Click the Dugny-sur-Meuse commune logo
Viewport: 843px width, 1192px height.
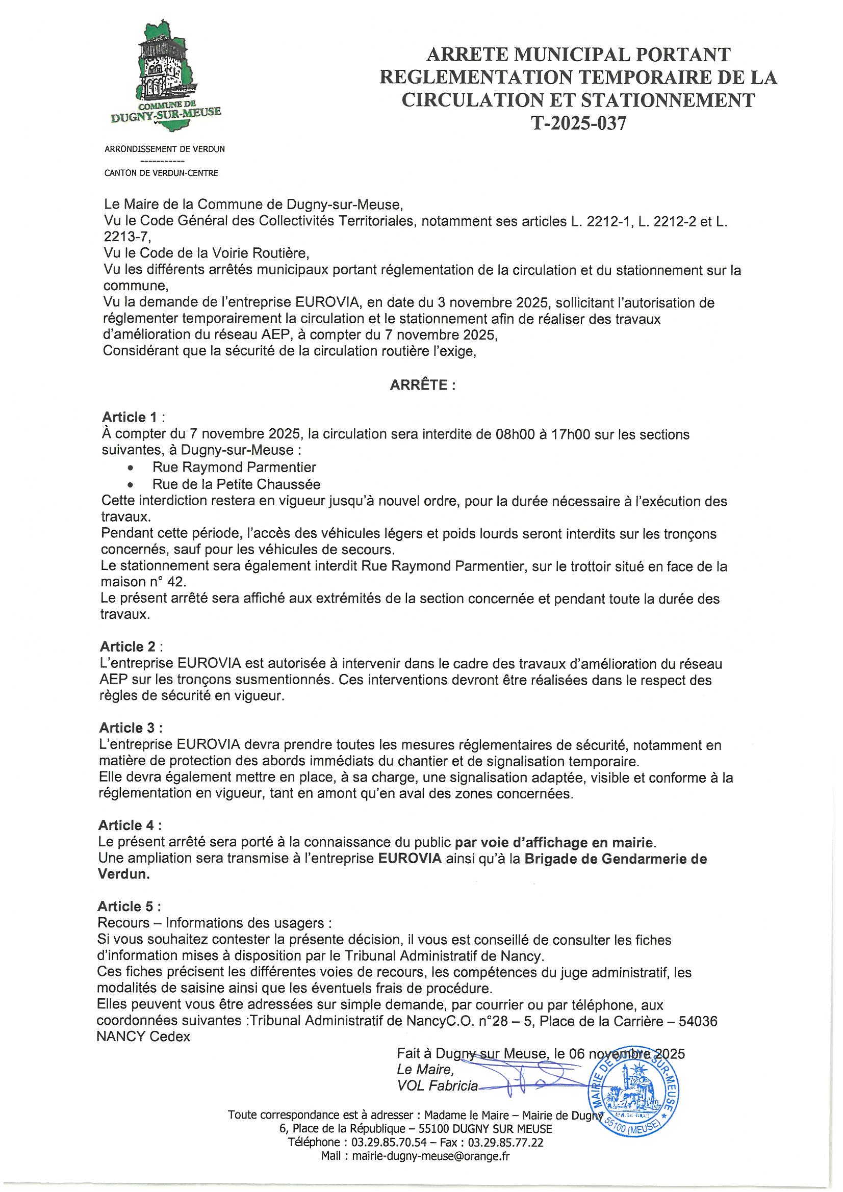[166, 77]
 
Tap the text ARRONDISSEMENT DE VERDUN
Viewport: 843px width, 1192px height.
[165, 149]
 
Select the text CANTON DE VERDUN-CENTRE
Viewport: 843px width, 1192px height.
[161, 173]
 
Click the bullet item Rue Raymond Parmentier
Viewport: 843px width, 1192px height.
[234, 467]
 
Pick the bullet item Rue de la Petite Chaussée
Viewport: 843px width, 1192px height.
[236, 484]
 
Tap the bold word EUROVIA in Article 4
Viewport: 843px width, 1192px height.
[410, 859]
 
